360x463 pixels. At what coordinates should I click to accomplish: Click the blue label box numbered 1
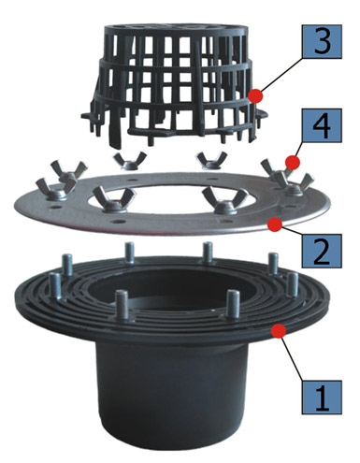click(x=322, y=397)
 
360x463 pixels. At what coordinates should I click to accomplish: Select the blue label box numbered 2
click(x=322, y=251)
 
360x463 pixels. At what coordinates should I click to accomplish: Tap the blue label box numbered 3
click(x=322, y=41)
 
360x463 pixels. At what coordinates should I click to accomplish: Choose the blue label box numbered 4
click(x=322, y=125)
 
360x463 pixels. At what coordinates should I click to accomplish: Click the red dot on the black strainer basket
click(x=255, y=95)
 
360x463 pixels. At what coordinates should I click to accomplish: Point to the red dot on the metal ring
click(x=275, y=224)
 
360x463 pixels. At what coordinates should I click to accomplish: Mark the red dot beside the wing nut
click(x=293, y=162)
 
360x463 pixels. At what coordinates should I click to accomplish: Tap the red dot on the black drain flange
click(x=279, y=331)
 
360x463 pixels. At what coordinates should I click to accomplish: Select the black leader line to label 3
click(x=281, y=75)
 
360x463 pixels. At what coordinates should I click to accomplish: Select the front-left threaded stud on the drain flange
click(x=122, y=306)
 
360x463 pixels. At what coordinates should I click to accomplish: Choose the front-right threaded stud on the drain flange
click(x=233, y=305)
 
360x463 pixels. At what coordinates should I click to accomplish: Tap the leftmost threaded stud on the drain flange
click(x=55, y=287)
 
